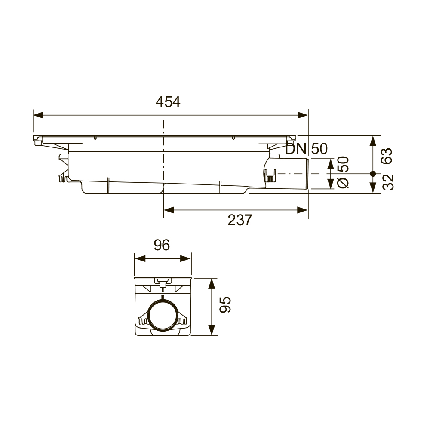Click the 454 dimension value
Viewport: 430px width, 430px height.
click(x=168, y=102)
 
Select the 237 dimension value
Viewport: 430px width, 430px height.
click(x=240, y=220)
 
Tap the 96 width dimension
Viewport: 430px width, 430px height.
click(x=162, y=245)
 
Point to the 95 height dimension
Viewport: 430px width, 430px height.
click(x=225, y=305)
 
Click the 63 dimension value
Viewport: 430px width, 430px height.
click(x=387, y=156)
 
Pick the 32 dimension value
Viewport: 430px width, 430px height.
click(x=388, y=182)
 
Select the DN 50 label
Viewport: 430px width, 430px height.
click(x=306, y=149)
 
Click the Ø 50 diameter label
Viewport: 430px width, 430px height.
click(x=343, y=172)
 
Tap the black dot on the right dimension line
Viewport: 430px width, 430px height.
click(x=373, y=174)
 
